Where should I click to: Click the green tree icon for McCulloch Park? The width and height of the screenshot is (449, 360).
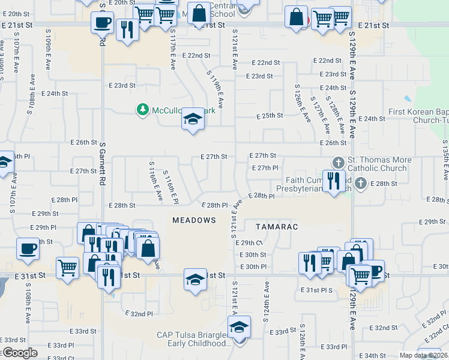point(142,109)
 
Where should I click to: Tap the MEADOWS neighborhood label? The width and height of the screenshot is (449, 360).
point(194,220)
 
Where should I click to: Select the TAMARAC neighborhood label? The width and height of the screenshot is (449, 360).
point(277,227)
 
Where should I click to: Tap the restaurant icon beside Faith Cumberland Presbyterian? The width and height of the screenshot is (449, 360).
point(332,180)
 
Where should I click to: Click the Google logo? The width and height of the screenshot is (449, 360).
point(19,353)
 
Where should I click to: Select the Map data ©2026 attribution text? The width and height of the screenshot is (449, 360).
point(423,355)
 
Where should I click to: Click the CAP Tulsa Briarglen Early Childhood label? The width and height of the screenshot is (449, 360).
point(193,340)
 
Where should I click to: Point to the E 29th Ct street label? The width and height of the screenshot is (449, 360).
point(249,243)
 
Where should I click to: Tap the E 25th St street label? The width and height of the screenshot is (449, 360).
point(270,116)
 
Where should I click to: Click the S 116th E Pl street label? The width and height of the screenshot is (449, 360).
point(171,185)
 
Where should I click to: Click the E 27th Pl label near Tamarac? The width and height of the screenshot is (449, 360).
point(264,168)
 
